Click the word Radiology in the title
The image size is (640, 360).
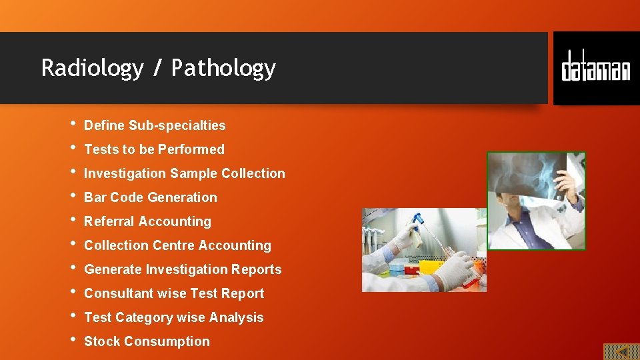pos(92,69)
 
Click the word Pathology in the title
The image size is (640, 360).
pos(223,69)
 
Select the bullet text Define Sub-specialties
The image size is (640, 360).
pos(155,125)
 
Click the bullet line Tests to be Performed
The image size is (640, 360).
pos(154,149)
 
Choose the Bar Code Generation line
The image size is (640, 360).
pos(150,197)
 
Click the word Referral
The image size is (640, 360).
pos(107,221)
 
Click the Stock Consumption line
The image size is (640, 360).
pos(147,341)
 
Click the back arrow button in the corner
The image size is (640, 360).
pos(621,351)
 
